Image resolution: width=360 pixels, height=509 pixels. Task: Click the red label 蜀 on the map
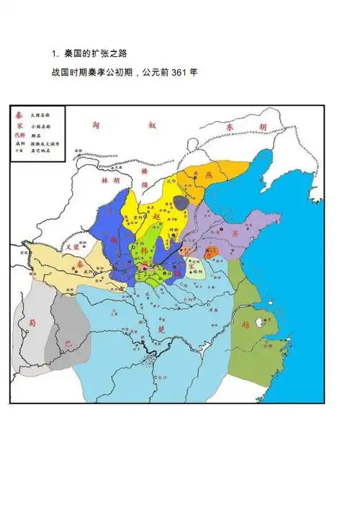(30, 324)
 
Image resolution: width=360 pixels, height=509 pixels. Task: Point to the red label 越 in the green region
(247, 325)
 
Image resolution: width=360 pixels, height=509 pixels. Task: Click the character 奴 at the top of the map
(152, 125)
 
